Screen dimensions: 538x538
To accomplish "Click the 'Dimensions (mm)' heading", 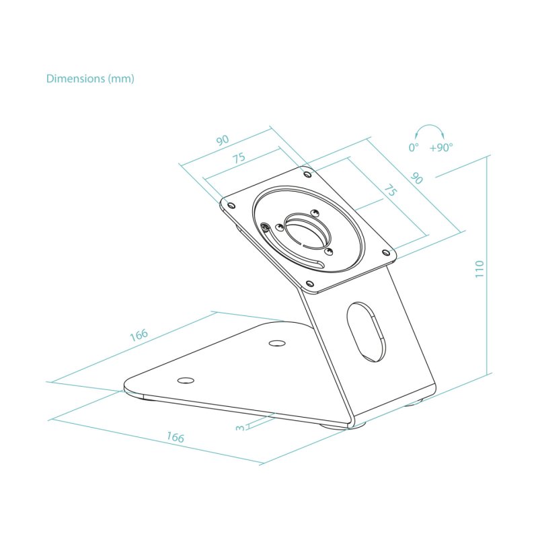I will click(x=90, y=79).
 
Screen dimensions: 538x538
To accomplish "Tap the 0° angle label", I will click(x=414, y=147).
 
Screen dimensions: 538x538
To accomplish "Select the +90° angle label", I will click(x=441, y=147).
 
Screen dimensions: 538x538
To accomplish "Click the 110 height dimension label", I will click(x=479, y=269).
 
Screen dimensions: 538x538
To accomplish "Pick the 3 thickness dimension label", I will click(x=241, y=427).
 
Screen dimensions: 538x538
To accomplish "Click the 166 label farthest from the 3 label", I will click(x=139, y=335).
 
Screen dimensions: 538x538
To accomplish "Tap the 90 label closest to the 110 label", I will click(x=416, y=178).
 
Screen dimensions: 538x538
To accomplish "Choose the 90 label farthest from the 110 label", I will click(x=222, y=140).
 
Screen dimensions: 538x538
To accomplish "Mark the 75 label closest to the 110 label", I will click(x=389, y=190).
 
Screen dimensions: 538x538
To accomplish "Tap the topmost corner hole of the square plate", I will click(x=308, y=174).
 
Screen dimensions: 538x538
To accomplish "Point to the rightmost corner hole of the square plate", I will click(x=385, y=253).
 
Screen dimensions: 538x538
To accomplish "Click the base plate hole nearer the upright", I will click(x=276, y=344).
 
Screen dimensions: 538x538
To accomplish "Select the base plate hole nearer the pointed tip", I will click(x=185, y=381).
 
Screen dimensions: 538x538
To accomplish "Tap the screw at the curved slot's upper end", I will click(x=268, y=228).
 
